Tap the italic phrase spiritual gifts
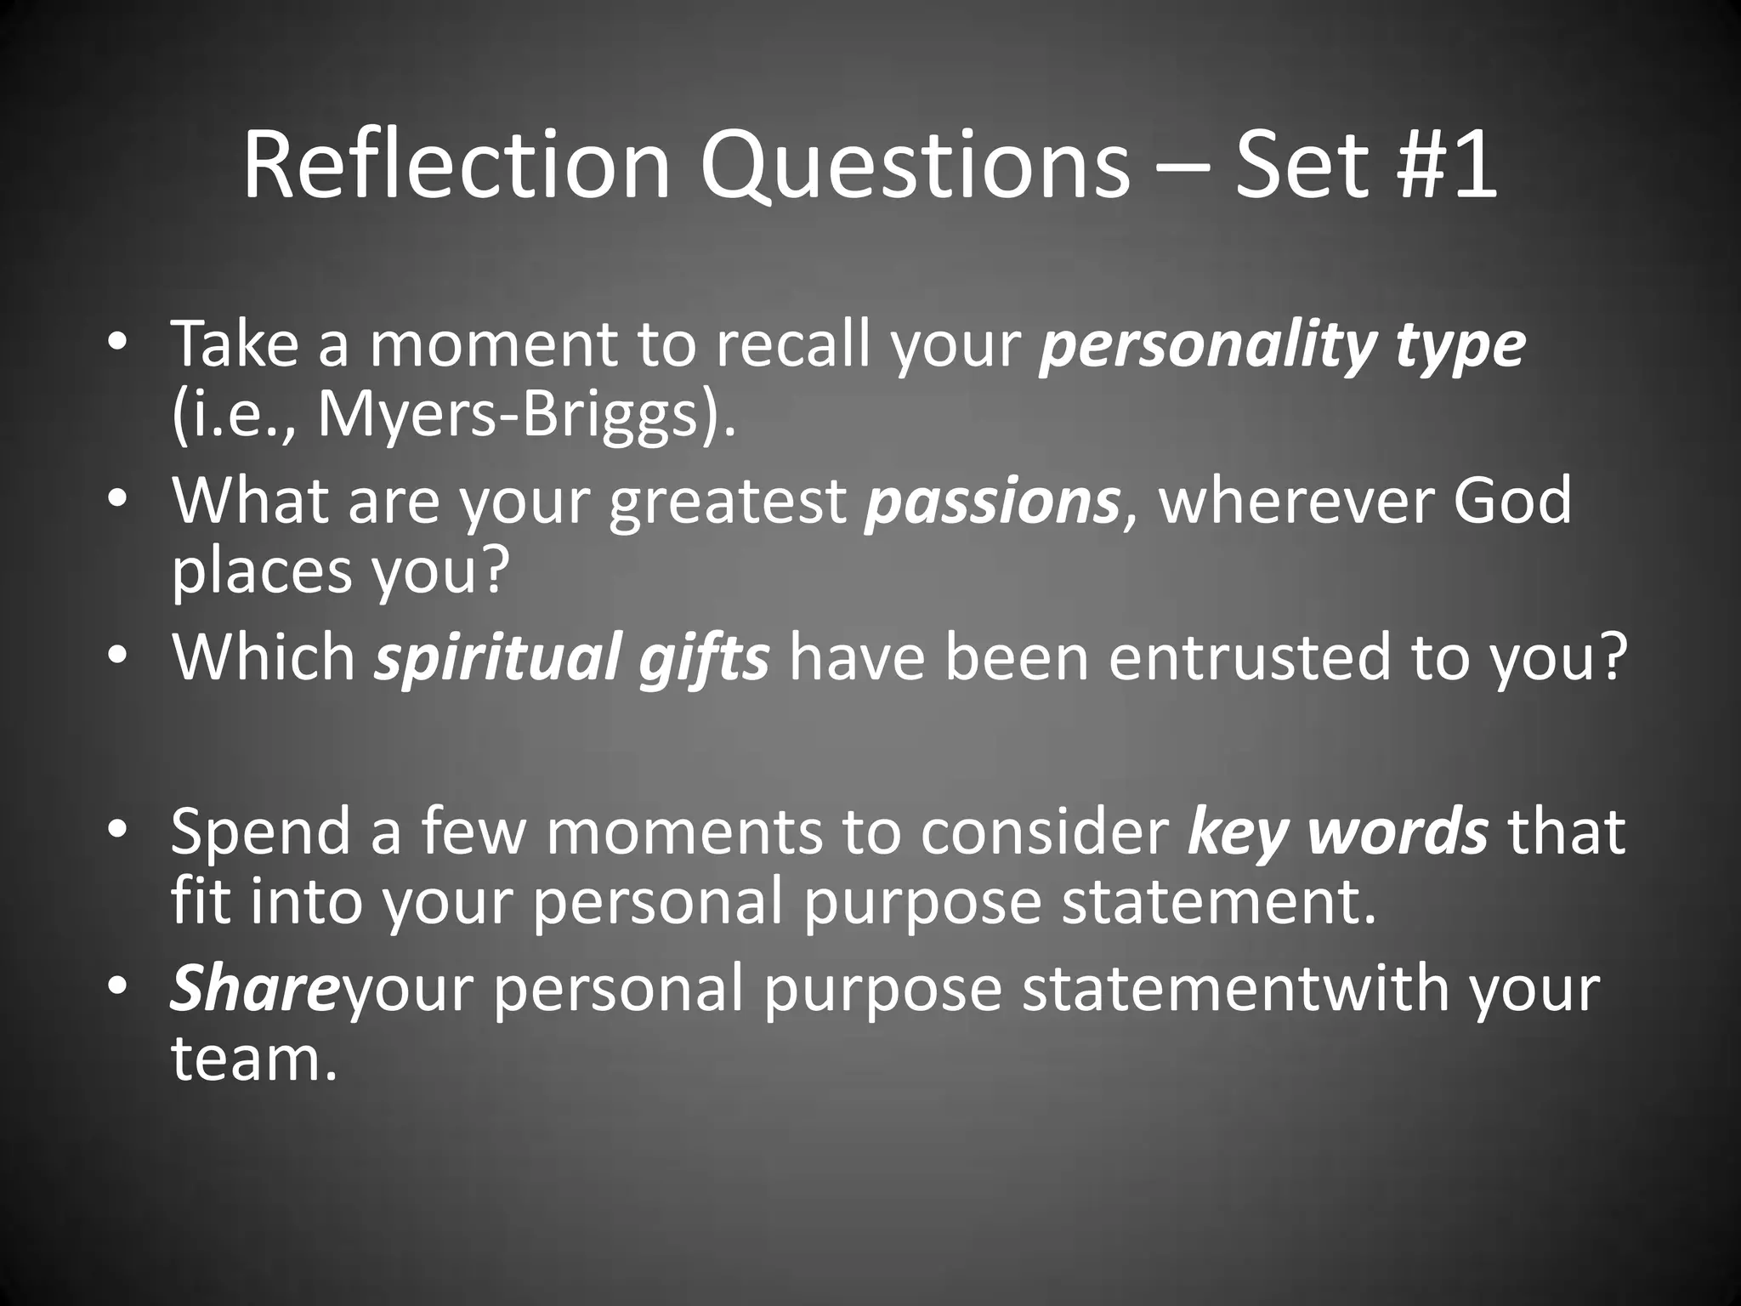tap(572, 656)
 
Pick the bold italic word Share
tap(254, 988)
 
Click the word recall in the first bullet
tap(791, 347)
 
